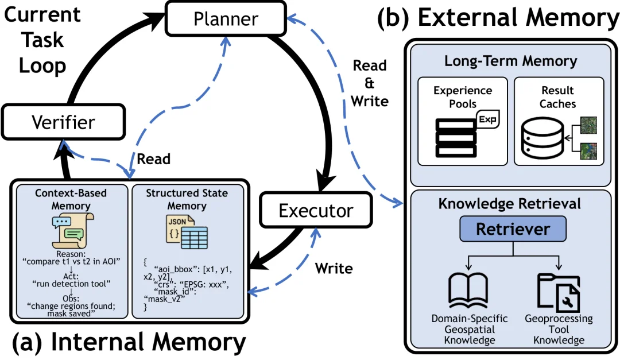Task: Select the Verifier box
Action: coord(63,121)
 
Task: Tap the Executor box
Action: coord(316,211)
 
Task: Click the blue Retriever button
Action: coord(512,230)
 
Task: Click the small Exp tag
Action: coord(489,121)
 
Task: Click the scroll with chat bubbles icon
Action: coord(71,228)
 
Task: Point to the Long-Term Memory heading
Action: coord(510,61)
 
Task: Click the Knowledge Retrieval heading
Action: coord(510,203)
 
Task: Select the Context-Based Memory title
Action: coord(71,198)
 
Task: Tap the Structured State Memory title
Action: coord(187,198)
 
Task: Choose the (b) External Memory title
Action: coord(498,18)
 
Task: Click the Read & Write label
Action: coord(370,83)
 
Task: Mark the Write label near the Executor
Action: coord(334,268)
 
